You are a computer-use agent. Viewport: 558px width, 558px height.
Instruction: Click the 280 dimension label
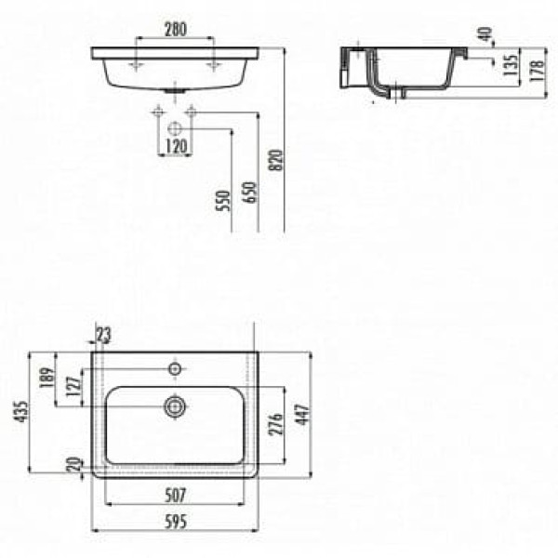click(x=176, y=29)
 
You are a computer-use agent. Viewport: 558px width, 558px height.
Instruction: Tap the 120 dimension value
click(x=176, y=146)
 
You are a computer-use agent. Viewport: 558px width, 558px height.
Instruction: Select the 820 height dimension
click(x=276, y=160)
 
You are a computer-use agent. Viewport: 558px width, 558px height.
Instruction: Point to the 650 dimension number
click(x=249, y=193)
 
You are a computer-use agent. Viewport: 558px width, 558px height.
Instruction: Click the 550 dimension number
click(x=223, y=201)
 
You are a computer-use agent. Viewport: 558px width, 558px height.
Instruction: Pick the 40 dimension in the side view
click(x=485, y=33)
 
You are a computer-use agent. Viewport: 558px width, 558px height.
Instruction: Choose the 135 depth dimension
click(x=511, y=65)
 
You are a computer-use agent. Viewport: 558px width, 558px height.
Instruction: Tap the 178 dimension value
click(x=537, y=71)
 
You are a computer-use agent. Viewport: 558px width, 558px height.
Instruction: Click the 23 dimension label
click(x=103, y=335)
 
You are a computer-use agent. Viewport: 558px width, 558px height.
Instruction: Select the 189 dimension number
click(x=46, y=378)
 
